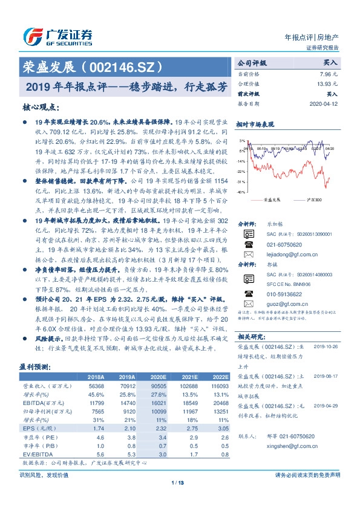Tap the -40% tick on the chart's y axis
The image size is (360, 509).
point(241,192)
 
